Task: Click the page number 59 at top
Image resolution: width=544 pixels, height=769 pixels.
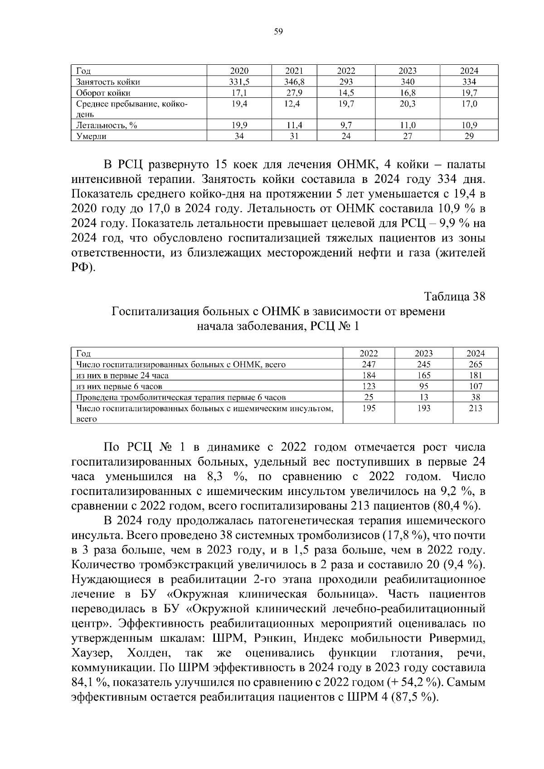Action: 278,31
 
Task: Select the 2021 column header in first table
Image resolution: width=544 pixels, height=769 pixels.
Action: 294,71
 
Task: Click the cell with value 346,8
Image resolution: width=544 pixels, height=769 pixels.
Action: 294,82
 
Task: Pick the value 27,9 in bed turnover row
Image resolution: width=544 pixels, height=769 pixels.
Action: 294,93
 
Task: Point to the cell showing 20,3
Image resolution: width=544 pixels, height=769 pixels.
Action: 407,104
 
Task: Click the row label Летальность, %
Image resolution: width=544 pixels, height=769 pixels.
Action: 107,125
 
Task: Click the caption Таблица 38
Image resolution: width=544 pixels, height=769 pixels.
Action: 454,297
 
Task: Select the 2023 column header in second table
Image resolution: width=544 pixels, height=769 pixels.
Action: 423,353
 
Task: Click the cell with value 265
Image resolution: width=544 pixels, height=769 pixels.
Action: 476,364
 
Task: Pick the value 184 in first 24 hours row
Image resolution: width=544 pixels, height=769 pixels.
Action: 369,375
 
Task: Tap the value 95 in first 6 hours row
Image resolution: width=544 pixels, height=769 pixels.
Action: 423,386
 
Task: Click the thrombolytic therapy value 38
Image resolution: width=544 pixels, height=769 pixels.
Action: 476,397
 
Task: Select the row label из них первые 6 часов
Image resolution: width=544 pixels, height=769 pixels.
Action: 119,386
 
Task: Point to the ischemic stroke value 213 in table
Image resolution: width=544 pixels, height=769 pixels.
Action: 476,408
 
